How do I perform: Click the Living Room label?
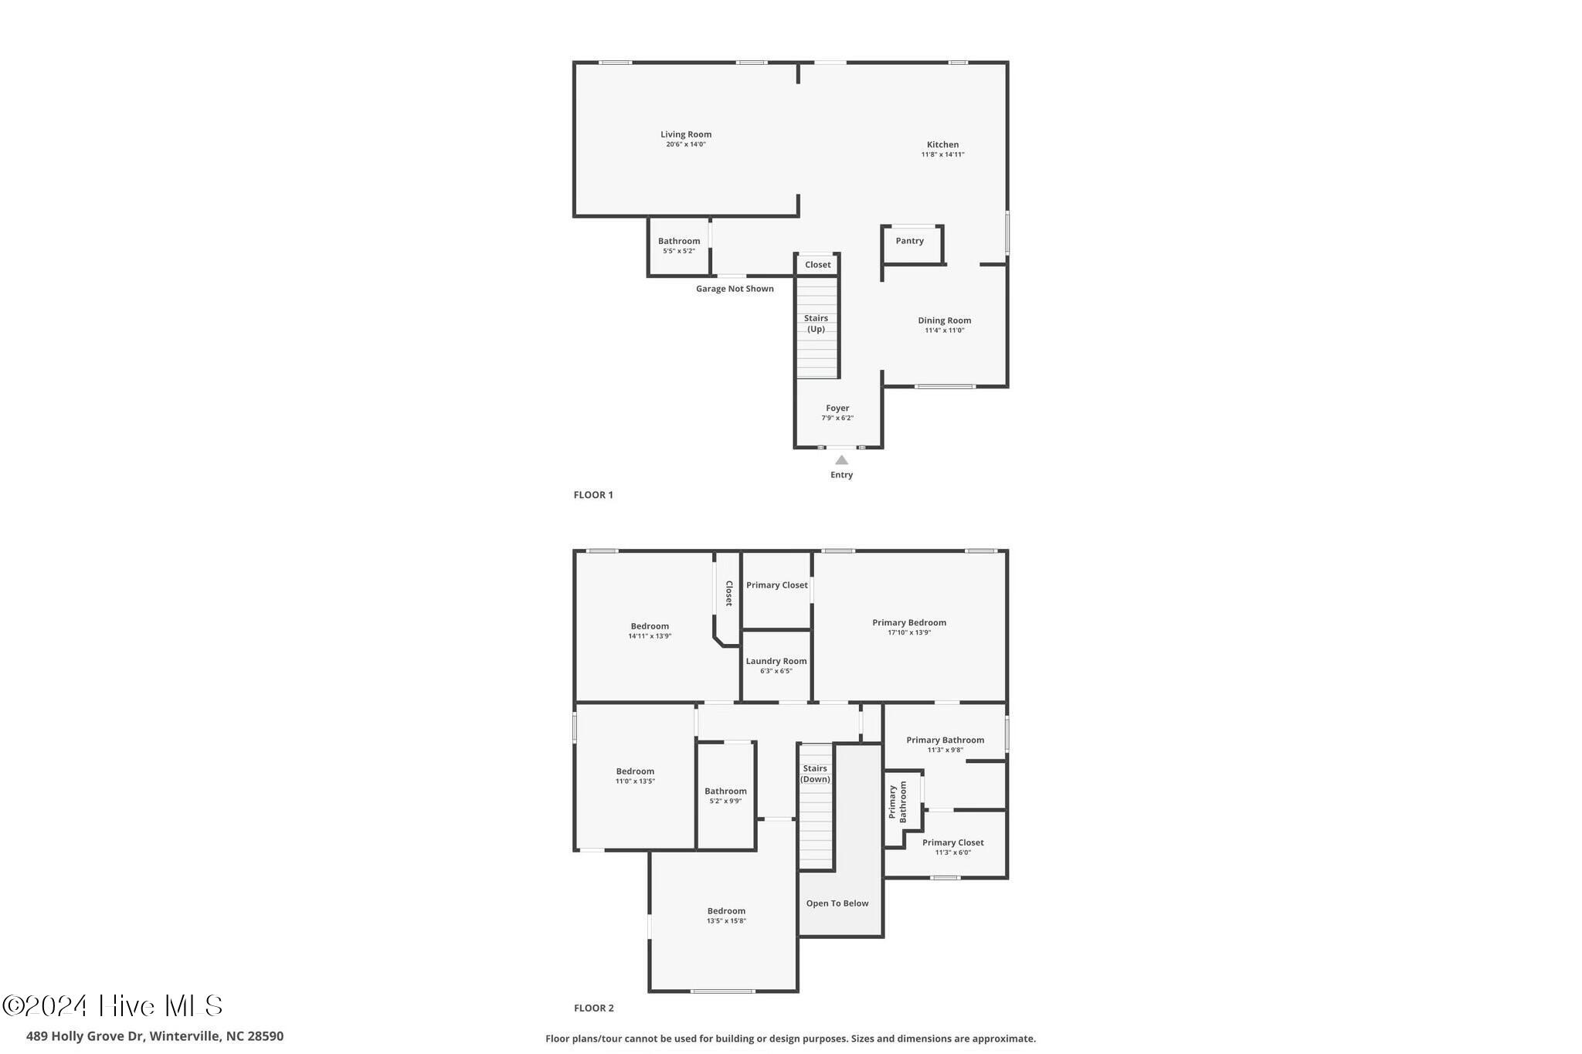[685, 134]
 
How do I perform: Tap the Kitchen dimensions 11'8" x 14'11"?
[942, 154]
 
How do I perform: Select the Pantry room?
[910, 241]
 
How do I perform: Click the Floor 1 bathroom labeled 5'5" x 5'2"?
[679, 246]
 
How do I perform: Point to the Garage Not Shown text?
[735, 289]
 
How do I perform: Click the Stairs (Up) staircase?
[816, 324]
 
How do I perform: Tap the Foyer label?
[837, 408]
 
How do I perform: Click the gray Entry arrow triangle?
[842, 460]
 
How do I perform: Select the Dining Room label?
[944, 320]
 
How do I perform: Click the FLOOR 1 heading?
[593, 495]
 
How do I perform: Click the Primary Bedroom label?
[909, 622]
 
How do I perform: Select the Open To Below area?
[837, 903]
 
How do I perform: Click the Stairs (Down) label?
[815, 774]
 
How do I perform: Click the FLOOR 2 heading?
[594, 1008]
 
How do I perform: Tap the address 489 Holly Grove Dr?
[85, 1036]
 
